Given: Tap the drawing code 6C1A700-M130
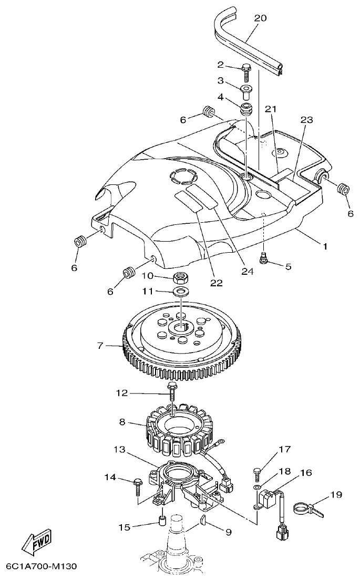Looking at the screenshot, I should click(42, 567).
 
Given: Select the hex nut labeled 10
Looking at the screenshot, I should click(181, 276).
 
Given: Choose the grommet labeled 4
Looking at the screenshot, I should click(246, 110).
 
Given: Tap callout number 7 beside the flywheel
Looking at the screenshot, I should click(99, 346).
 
